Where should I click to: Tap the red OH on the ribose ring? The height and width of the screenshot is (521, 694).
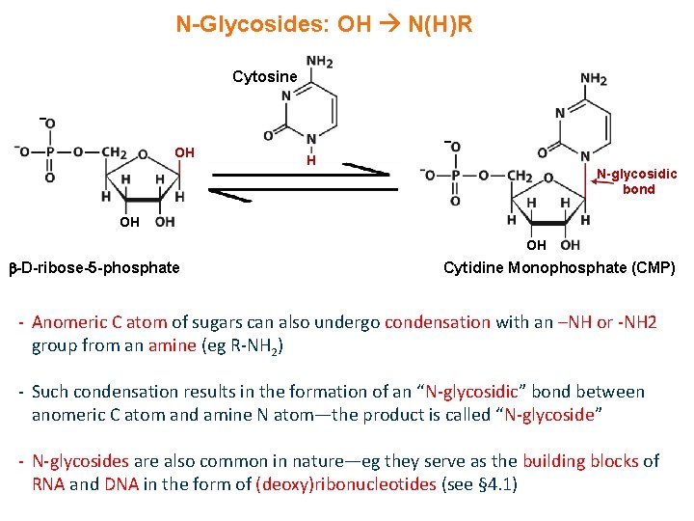[184, 152]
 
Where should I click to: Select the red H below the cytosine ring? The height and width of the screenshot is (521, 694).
[311, 160]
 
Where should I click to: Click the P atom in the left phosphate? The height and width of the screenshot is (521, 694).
[50, 151]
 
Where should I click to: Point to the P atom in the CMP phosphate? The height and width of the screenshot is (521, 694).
[455, 175]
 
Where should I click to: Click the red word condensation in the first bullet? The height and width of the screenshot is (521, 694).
[438, 322]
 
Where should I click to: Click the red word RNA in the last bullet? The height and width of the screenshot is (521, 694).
[48, 484]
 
